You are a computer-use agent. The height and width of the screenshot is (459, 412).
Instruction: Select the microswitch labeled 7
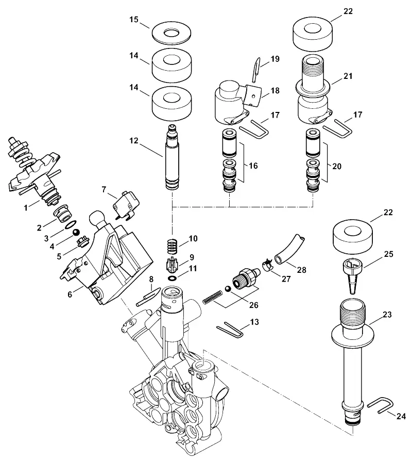point(126,205)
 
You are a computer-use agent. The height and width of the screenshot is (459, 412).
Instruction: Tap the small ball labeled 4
point(76,232)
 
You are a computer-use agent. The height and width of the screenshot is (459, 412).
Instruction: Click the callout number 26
point(253,305)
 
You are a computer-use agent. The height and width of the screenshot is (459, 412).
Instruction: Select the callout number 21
point(348,76)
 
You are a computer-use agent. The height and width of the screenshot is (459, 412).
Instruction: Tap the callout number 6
point(70,294)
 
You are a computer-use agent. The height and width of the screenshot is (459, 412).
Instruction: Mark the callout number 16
point(253,166)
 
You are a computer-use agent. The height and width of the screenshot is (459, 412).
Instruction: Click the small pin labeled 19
point(256,70)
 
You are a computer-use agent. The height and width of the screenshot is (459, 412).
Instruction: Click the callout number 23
point(387,315)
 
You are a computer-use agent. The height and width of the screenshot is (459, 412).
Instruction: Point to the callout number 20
point(337,166)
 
